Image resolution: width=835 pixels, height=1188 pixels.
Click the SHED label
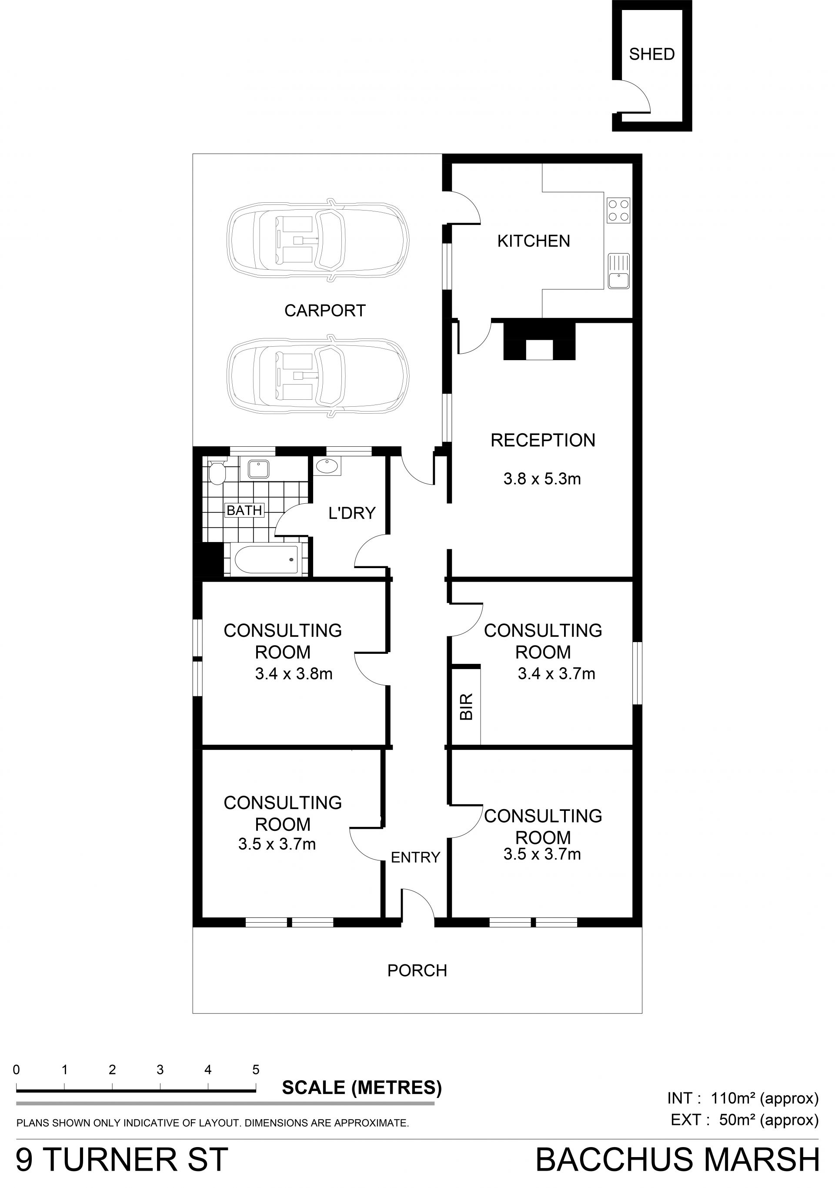pyautogui.click(x=651, y=54)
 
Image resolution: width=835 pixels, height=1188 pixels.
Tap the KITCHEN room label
pyautogui.click(x=533, y=241)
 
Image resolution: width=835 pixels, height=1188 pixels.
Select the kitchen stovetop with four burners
pyautogui.click(x=619, y=210)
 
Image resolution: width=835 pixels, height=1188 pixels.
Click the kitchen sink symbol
pyautogui.click(x=619, y=271)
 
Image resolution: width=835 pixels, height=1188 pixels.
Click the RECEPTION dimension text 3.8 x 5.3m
pyautogui.click(x=542, y=479)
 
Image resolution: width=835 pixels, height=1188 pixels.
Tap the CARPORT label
pyautogui.click(x=325, y=311)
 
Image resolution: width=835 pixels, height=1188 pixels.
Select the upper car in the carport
pyautogui.click(x=317, y=241)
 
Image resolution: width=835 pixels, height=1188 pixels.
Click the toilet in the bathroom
pyautogui.click(x=217, y=472)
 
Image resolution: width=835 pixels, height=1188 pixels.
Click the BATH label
pyautogui.click(x=244, y=510)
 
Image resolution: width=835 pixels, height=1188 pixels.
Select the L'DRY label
pyautogui.click(x=352, y=513)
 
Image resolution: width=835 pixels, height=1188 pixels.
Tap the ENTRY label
pyautogui.click(x=415, y=857)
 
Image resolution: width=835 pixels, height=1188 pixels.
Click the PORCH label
pyautogui.click(x=417, y=970)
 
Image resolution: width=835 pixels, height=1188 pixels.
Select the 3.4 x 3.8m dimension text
pyautogui.click(x=293, y=674)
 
